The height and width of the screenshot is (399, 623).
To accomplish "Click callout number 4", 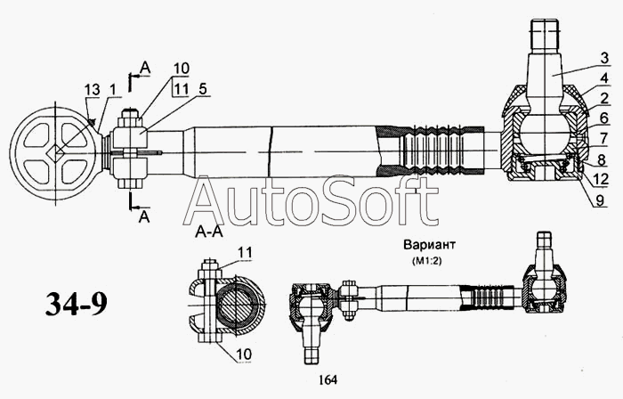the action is (x=603, y=77).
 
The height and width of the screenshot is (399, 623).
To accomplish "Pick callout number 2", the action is (x=603, y=97).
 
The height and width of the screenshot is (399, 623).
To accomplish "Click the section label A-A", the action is (x=207, y=233).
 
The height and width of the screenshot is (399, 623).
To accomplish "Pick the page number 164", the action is (x=326, y=380).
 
